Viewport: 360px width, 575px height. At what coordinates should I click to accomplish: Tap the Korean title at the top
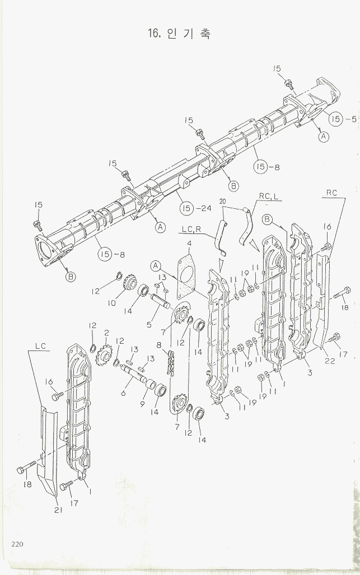click(x=180, y=34)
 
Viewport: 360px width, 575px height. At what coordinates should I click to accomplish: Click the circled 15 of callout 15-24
click(x=187, y=209)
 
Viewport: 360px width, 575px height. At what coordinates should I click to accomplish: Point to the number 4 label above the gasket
click(x=189, y=244)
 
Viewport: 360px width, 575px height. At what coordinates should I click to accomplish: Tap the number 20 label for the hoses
click(x=222, y=201)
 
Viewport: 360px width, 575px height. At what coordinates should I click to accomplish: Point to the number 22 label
click(x=330, y=361)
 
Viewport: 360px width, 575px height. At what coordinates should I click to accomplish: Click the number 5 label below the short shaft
click(x=148, y=324)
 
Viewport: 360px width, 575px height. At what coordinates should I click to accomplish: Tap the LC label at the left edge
click(x=40, y=347)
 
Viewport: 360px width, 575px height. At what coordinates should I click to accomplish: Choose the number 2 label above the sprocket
click(x=106, y=333)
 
